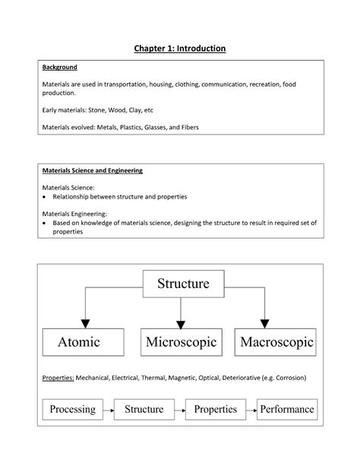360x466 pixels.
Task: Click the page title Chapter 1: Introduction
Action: click(x=180, y=49)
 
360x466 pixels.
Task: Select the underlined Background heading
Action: click(x=59, y=68)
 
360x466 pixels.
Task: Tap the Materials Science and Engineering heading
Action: click(x=92, y=170)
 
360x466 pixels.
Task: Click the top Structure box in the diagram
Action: click(x=182, y=284)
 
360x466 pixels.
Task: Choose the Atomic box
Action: click(x=79, y=342)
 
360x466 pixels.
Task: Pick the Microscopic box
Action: click(x=180, y=342)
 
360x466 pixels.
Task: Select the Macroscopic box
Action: click(x=276, y=342)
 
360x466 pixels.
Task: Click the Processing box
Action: click(x=72, y=409)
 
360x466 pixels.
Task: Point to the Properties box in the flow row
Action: click(x=215, y=409)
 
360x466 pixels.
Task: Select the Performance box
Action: click(x=286, y=409)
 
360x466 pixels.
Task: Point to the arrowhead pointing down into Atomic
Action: click(x=86, y=321)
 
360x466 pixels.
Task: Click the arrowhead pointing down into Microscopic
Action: click(x=180, y=321)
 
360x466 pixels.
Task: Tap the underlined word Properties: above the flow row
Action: click(x=58, y=377)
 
